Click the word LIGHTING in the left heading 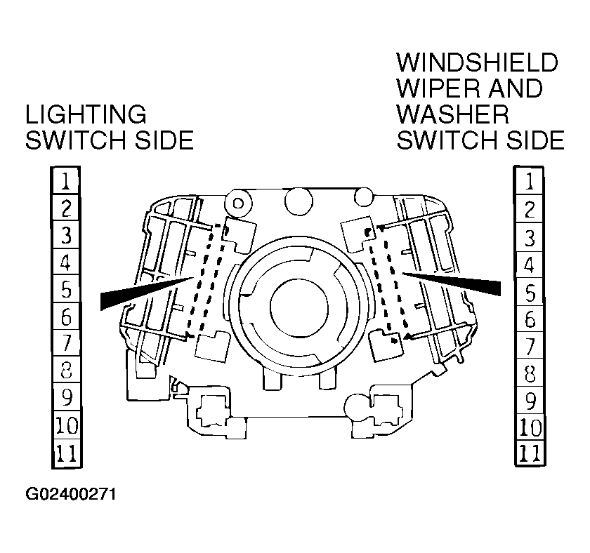[x=86, y=114]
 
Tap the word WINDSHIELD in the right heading [x=477, y=62]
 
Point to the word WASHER [x=452, y=114]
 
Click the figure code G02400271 [x=71, y=495]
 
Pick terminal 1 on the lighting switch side [x=66, y=182]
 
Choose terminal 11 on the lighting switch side [x=66, y=455]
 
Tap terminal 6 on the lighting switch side [x=66, y=318]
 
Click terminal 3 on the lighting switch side [x=66, y=236]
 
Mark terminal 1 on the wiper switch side [x=530, y=182]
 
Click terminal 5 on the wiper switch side [x=530, y=291]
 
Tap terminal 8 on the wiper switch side [x=530, y=373]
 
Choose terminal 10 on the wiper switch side [x=530, y=427]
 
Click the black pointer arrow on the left [x=140, y=293]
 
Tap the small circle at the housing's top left [x=239, y=204]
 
